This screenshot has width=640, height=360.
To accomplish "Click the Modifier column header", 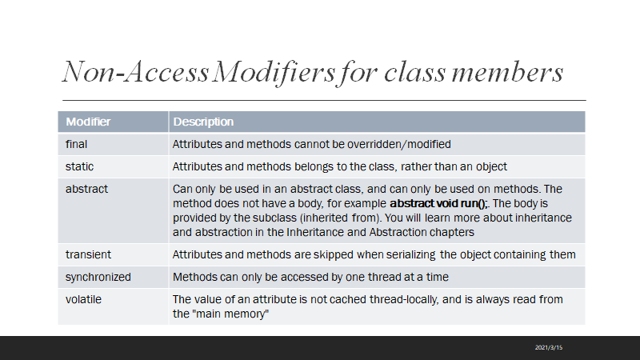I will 88,122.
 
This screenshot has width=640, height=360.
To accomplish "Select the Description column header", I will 203,122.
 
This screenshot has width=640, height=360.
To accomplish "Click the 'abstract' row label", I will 86,189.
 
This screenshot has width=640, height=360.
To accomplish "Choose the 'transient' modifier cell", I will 88,254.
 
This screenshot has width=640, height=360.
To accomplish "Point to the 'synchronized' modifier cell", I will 98,277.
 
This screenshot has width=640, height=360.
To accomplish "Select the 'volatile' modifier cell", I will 83,299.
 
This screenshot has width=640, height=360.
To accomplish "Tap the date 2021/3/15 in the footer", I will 550,347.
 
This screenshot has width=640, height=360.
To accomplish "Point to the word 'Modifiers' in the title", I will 277,73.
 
